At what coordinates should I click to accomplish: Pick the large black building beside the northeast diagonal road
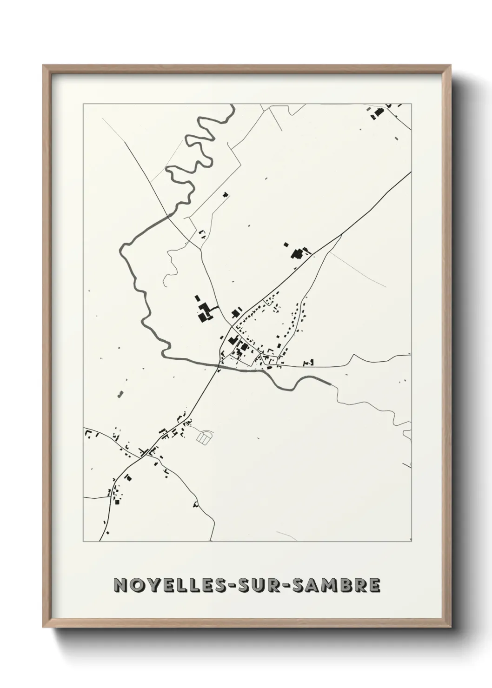coord(296,254)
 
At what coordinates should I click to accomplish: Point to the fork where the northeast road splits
coord(342,235)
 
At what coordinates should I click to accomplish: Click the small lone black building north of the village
coord(226,195)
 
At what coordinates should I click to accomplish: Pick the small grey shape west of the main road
coord(120,394)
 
